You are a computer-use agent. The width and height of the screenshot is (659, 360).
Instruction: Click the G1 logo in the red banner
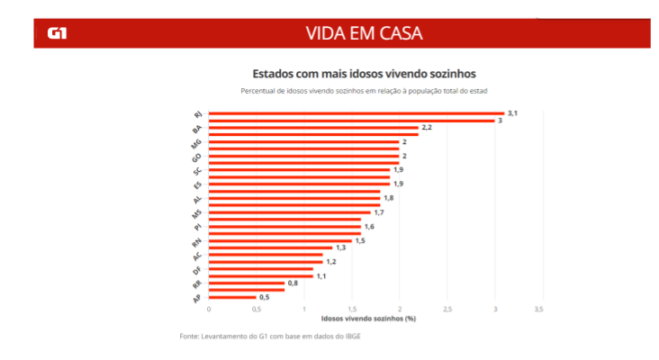tap(56, 33)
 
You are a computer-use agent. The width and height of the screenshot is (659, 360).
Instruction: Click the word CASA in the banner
tap(397, 33)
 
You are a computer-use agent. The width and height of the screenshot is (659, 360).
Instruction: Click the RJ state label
tap(198, 114)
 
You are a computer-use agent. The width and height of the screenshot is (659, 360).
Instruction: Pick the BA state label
tap(197, 129)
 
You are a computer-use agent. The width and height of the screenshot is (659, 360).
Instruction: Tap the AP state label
tap(197, 298)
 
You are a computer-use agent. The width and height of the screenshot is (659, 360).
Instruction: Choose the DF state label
tap(197, 270)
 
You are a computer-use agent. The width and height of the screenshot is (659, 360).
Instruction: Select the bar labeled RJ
tap(356, 113)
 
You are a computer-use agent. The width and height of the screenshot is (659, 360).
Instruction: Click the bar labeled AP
tap(232, 297)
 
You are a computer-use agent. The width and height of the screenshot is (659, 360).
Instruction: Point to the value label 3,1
tap(512, 112)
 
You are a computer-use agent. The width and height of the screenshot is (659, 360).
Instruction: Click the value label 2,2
tap(427, 127)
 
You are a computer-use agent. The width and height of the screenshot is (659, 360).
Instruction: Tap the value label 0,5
tap(265, 297)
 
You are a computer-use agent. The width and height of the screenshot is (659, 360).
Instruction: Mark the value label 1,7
tap(379, 212)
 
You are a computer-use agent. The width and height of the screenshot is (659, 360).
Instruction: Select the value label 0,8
tap(293, 283)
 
